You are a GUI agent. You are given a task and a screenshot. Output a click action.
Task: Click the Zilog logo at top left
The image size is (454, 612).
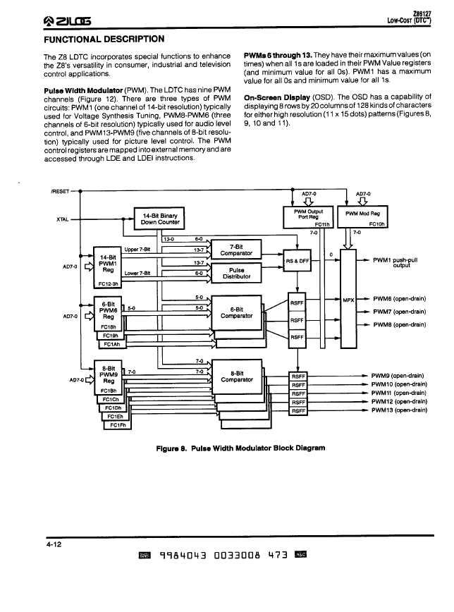(x=68, y=20)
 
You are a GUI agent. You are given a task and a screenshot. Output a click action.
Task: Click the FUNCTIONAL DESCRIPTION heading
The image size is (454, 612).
(x=104, y=39)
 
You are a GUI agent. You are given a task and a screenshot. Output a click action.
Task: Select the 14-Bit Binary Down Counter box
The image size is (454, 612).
(x=159, y=219)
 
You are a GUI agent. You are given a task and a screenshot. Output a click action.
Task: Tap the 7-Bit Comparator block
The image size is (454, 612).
(x=236, y=250)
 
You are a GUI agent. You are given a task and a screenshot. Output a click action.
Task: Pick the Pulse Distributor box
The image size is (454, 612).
(x=236, y=274)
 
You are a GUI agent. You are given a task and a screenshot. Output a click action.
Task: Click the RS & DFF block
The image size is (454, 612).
(x=297, y=261)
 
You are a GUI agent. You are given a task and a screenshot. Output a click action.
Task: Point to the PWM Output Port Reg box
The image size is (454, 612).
(x=308, y=217)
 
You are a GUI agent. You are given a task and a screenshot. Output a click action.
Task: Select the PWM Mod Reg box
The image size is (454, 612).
(x=362, y=217)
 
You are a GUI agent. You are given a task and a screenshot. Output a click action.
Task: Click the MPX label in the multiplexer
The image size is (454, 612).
(x=348, y=300)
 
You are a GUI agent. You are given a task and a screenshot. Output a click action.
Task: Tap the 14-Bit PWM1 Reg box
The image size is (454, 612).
(x=107, y=267)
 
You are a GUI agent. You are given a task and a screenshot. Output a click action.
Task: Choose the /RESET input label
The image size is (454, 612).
(x=60, y=191)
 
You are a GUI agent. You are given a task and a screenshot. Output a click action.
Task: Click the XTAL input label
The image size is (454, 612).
(x=63, y=219)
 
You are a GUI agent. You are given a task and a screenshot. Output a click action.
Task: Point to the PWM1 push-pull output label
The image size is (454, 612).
(x=395, y=262)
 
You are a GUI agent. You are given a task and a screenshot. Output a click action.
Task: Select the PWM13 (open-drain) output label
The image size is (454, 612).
(x=399, y=410)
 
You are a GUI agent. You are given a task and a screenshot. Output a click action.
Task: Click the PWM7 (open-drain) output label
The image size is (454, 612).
(x=399, y=312)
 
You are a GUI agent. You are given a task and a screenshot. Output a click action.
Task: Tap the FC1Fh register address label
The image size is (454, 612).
(x=118, y=425)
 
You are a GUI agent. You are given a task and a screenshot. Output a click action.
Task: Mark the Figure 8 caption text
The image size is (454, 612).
(x=240, y=448)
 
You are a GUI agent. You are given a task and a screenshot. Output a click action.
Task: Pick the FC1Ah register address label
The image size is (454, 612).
(x=112, y=344)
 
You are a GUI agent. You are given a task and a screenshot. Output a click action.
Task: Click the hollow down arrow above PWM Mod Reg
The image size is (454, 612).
(x=362, y=202)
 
